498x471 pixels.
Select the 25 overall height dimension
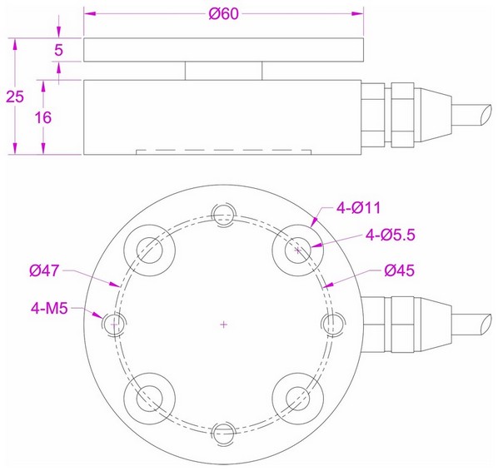14,96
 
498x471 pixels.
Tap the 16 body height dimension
44,117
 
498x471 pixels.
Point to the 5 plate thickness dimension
58,50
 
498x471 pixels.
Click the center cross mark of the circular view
223,324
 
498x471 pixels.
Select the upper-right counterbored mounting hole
298,248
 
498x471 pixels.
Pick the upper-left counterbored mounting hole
148,248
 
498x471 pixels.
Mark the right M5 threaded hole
332,323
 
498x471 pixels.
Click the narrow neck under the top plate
223,71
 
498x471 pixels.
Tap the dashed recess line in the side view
223,151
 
